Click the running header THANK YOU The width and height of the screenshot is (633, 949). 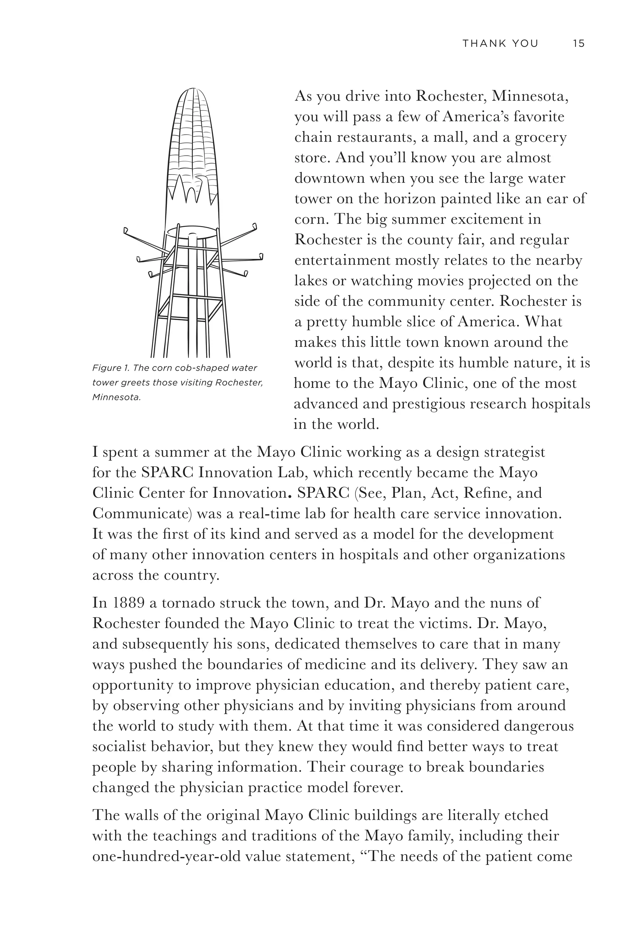tap(500, 44)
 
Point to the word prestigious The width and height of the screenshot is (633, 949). tap(433, 404)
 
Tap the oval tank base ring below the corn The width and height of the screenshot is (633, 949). tap(192, 232)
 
